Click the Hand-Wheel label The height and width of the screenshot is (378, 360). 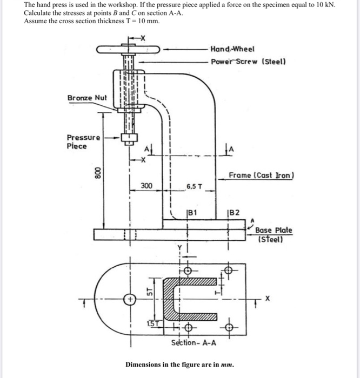coord(232,49)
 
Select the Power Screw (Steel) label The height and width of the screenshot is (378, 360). coord(248,62)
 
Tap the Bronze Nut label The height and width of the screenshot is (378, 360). coord(87,98)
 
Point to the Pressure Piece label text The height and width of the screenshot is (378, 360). coord(83,141)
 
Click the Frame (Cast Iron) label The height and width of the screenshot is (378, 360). coord(261,175)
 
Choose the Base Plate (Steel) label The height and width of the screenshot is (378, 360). coord(274,234)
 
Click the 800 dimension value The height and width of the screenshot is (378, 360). coord(97,173)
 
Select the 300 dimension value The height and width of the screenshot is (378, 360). coord(146,186)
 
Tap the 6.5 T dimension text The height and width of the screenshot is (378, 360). coord(194,187)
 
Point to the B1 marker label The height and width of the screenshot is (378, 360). coord(192,213)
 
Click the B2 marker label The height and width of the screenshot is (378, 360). coord(234,213)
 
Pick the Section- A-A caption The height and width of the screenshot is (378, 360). coord(194,342)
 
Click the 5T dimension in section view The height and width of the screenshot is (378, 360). coord(150,292)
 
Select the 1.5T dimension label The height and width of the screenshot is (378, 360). coord(153,323)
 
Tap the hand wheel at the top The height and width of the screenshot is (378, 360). coord(128,50)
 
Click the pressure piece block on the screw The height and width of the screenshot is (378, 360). coord(129,138)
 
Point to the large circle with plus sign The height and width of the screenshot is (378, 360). coord(130,300)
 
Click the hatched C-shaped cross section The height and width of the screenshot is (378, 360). coord(169,299)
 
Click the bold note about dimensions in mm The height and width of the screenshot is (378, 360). coord(179,364)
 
